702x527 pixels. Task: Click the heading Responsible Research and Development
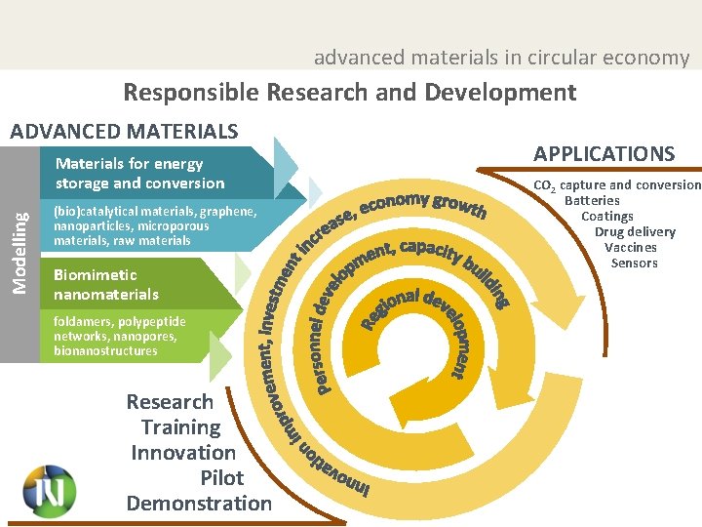(349, 93)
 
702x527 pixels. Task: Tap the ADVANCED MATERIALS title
(123, 131)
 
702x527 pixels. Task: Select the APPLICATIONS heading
(604, 153)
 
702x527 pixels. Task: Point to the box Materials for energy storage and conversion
(139, 174)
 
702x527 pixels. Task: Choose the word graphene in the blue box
(229, 212)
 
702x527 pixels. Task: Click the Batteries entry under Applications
(592, 200)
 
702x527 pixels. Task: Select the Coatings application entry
(607, 216)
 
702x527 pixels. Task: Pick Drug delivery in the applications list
(635, 231)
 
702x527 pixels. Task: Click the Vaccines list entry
(631, 247)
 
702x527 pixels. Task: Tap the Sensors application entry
(634, 263)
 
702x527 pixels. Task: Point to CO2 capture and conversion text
(616, 184)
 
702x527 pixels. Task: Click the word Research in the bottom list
(170, 402)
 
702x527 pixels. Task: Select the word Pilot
(221, 478)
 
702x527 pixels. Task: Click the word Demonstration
(199, 504)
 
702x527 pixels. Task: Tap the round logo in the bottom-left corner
(49, 490)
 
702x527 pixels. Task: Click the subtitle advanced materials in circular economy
(501, 58)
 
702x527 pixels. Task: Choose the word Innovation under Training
(183, 453)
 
